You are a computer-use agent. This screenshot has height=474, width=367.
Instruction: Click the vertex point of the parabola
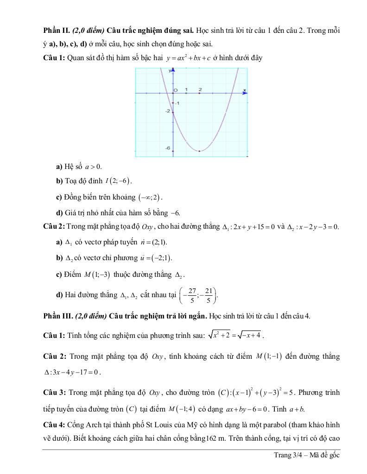point(200,151)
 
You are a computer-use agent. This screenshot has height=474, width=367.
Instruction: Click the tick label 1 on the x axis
point(186,89)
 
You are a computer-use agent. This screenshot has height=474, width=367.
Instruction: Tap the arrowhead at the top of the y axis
point(172,70)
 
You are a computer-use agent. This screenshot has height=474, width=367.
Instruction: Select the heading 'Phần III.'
point(57,316)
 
